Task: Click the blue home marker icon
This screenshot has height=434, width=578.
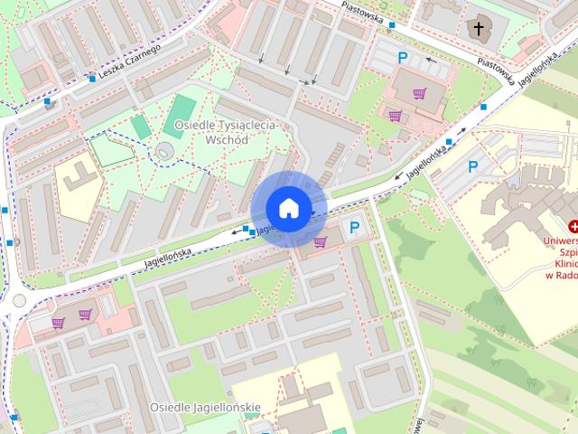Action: (x=288, y=208)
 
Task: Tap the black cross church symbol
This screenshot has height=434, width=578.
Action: (x=479, y=29)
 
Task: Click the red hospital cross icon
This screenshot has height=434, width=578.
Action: (x=571, y=227)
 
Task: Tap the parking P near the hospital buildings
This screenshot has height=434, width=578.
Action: (x=472, y=166)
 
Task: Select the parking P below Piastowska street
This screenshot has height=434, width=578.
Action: (x=403, y=57)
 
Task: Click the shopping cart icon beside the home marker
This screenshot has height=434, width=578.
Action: (x=320, y=241)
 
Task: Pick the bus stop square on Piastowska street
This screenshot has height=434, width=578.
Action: (x=391, y=26)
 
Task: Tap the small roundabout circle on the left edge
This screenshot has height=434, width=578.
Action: (x=19, y=300)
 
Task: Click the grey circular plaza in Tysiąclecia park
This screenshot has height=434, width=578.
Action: (x=164, y=151)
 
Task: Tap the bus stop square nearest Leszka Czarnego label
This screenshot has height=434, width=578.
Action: (x=91, y=78)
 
